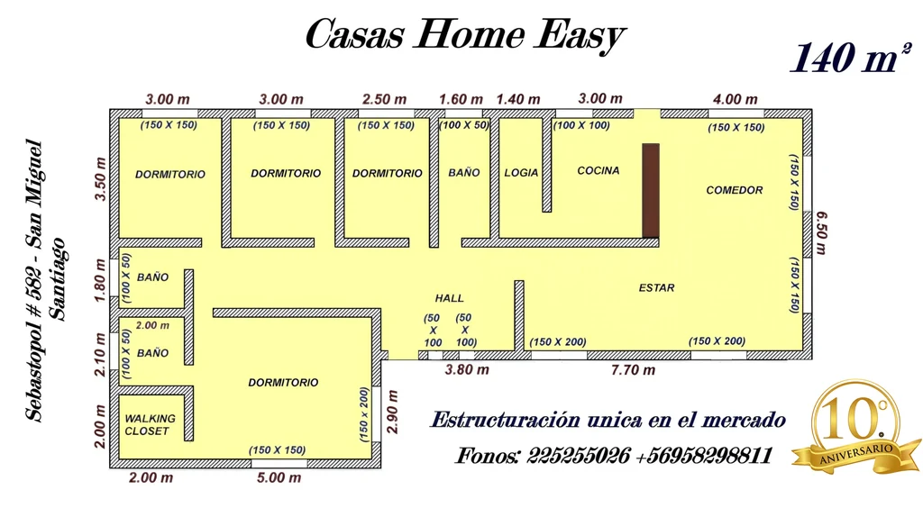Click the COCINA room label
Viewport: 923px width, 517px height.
[599, 170]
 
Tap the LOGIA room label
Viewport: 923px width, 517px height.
[521, 173]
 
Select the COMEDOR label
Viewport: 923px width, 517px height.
[734, 190]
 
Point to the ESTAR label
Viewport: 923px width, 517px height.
[656, 287]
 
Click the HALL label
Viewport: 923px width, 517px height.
[449, 298]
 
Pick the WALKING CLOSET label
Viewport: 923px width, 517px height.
[150, 424]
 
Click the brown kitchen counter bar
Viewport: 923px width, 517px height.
[651, 191]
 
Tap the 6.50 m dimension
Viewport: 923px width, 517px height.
[822, 233]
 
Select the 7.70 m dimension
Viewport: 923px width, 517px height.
[633, 370]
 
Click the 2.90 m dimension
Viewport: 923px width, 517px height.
[393, 412]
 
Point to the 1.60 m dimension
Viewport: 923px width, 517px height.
[461, 99]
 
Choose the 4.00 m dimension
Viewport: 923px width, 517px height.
[736, 99]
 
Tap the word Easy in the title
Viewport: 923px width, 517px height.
[580, 34]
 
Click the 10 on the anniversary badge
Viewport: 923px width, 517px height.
[849, 420]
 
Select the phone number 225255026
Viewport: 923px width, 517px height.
[578, 455]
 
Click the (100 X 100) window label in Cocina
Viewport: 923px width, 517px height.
[581, 125]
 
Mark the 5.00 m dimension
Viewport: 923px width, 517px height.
[279, 477]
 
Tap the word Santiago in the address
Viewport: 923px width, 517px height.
[58, 279]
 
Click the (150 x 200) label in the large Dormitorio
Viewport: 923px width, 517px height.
[364, 414]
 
